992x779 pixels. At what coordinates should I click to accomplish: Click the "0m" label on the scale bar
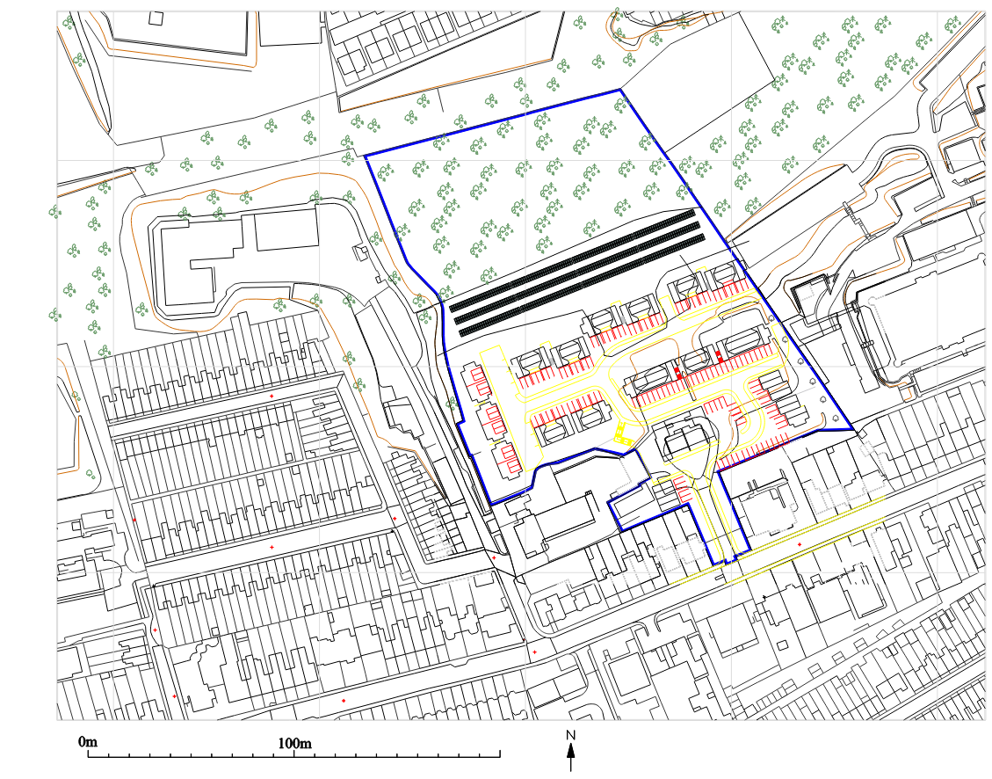coord(87,743)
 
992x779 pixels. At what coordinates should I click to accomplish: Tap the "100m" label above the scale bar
coord(294,743)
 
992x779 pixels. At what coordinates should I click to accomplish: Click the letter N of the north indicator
coord(570,735)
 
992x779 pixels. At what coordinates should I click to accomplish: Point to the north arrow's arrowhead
coord(571,750)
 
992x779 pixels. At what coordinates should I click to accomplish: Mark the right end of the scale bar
coord(500,754)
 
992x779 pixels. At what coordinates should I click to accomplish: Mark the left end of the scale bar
coord(88,754)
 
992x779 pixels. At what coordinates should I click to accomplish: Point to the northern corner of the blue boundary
coord(620,90)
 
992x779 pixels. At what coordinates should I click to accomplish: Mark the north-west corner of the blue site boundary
coord(366,157)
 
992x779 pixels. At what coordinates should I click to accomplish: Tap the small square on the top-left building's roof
coord(156,18)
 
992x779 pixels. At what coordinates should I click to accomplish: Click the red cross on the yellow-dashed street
coord(799,545)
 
